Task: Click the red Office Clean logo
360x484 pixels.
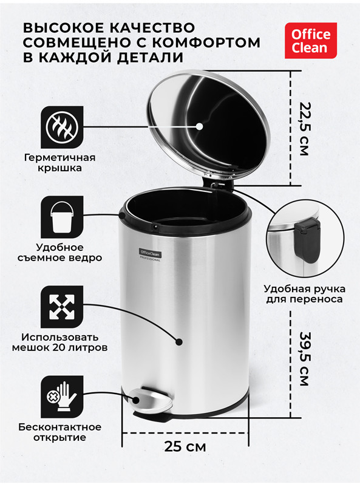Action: click(x=311, y=41)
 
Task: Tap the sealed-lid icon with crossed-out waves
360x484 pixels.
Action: click(x=62, y=127)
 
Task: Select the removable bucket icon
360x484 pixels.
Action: click(x=62, y=217)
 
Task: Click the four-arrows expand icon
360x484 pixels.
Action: click(x=62, y=307)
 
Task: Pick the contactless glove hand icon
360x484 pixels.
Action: click(x=62, y=397)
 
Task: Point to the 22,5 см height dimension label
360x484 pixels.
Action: click(x=304, y=129)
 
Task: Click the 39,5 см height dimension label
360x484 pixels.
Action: click(x=304, y=359)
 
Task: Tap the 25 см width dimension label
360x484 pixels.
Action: click(x=185, y=446)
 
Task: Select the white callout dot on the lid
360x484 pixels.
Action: click(x=200, y=126)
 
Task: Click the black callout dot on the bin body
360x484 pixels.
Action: click(x=179, y=342)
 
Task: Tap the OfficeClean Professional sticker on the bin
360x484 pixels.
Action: click(x=150, y=254)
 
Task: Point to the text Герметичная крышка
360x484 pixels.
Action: click(x=60, y=163)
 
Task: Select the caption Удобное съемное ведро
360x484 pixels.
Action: click(x=60, y=253)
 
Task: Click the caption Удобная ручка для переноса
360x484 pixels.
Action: click(x=305, y=294)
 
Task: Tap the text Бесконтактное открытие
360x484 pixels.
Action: click(x=60, y=432)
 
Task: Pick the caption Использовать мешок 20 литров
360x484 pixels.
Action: click(x=60, y=343)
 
